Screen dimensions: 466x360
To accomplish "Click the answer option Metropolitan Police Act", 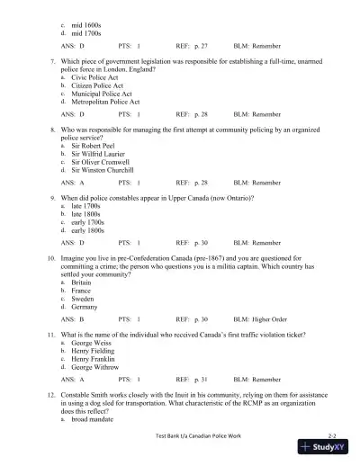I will click(100, 103).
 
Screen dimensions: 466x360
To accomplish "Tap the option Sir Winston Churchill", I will click(102, 169).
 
